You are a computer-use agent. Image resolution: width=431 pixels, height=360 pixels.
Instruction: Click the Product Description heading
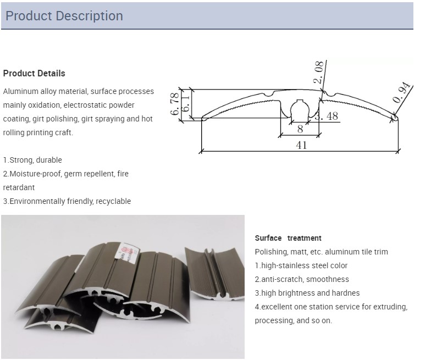pos(64,16)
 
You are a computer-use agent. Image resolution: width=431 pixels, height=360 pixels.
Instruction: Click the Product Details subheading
pos(34,74)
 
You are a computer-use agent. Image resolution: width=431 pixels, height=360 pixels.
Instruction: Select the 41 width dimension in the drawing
pos(301,145)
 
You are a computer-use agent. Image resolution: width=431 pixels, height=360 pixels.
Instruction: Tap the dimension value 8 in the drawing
pos(300,129)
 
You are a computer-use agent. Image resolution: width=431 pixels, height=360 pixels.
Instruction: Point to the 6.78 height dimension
pos(175,104)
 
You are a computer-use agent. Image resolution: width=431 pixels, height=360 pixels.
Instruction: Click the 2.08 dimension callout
pos(318,73)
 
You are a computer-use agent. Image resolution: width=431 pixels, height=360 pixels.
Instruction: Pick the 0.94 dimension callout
pos(402,92)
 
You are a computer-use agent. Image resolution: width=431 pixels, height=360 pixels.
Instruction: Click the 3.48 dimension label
pos(327,116)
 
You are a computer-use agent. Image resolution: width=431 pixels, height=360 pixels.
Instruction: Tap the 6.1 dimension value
pos(186,103)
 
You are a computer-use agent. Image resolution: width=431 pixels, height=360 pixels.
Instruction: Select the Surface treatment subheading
pos(288,238)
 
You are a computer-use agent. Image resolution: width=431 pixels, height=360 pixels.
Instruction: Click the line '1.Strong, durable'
pos(32,160)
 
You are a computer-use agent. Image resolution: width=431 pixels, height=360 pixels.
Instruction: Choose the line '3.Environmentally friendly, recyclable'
pos(67,201)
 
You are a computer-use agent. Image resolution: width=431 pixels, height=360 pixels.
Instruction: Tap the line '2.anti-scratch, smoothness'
pos(302,279)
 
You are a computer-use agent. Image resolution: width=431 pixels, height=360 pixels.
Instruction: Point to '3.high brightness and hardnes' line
pos(307,293)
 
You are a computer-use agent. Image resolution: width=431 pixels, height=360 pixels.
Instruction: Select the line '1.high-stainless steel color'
pos(301,265)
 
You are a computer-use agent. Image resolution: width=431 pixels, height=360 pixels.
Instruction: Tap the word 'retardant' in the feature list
pos(19,187)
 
